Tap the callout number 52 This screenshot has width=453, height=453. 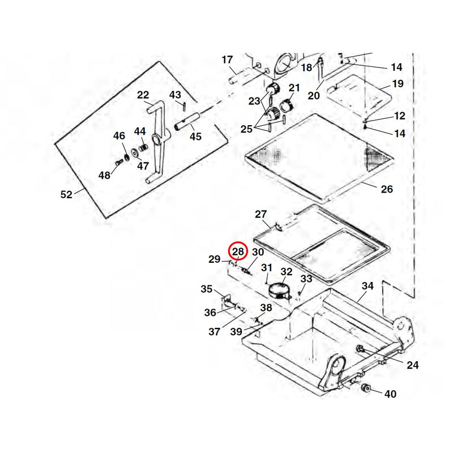(66, 194)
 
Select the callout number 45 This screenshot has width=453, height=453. (195, 136)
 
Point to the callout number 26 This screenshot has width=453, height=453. (387, 189)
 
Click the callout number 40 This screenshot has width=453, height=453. (390, 394)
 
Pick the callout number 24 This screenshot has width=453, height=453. (413, 365)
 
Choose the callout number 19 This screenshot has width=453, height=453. (398, 84)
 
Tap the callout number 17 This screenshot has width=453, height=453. (227, 60)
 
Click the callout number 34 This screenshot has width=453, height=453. (367, 286)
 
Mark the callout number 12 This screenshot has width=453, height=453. (400, 116)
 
